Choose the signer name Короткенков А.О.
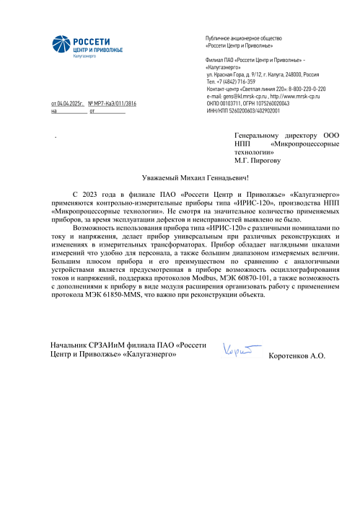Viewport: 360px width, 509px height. tap(296, 356)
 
